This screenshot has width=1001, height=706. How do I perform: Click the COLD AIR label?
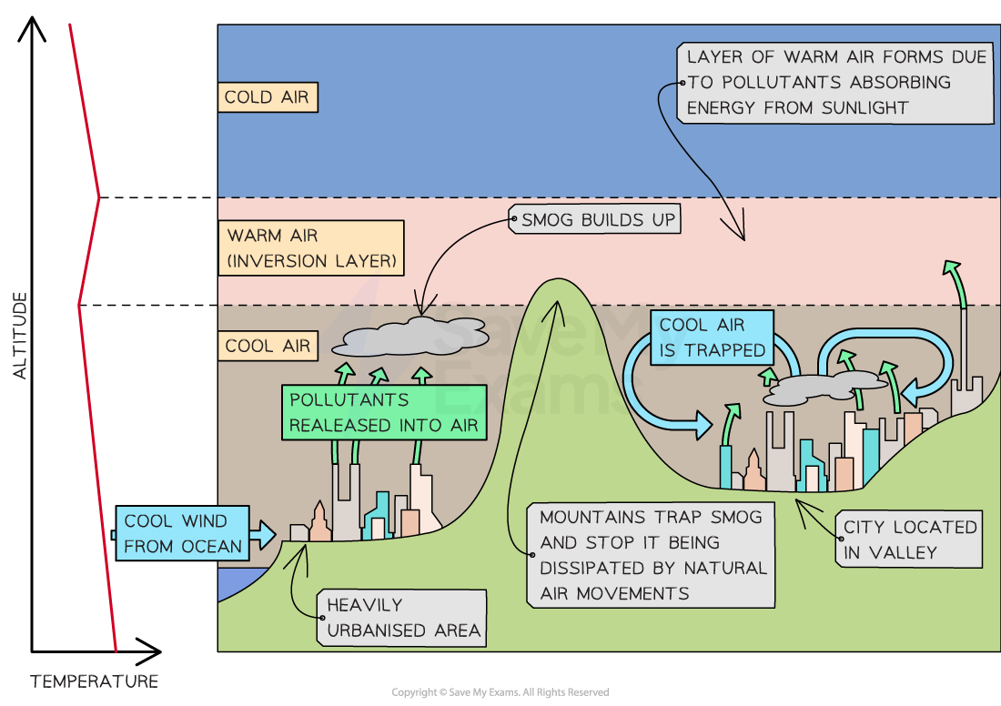click(268, 98)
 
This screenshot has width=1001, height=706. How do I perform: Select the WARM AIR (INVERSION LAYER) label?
click(312, 248)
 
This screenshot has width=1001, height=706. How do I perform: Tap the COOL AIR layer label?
click(268, 347)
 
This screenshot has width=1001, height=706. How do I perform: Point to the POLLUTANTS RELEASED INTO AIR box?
click(383, 413)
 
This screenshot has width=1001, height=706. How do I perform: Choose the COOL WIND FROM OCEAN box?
click(182, 534)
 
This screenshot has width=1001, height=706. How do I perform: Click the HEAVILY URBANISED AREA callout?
click(402, 618)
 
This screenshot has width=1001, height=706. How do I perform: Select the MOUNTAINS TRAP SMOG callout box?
click(652, 555)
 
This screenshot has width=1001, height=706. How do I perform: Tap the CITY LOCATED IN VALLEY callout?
click(909, 540)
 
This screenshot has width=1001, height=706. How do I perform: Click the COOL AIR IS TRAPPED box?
click(712, 338)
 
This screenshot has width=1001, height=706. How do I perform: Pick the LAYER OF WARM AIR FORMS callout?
click(835, 82)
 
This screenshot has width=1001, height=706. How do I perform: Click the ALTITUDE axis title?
click(20, 335)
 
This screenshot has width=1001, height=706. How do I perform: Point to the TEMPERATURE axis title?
click(95, 681)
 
